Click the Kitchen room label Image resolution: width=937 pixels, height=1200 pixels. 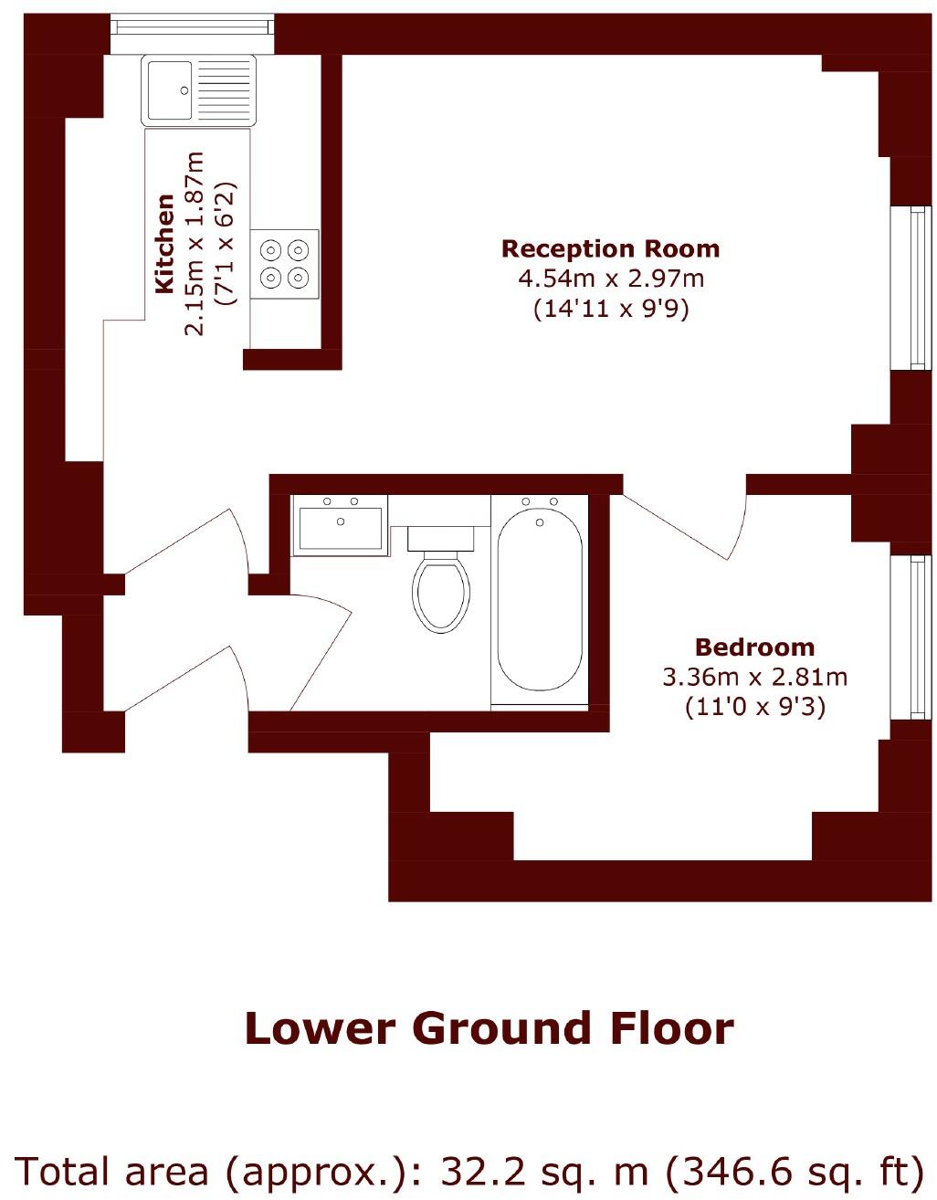[x=164, y=244]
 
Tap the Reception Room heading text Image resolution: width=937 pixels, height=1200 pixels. [x=610, y=249]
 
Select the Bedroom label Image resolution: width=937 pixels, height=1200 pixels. [x=754, y=647]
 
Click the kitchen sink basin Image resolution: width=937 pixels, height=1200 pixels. [x=167, y=89]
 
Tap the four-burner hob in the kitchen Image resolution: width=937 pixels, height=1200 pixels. [x=285, y=263]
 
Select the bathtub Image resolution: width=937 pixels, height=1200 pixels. [x=540, y=600]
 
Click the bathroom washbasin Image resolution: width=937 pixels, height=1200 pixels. [x=341, y=527]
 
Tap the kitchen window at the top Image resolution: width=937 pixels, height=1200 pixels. [x=193, y=27]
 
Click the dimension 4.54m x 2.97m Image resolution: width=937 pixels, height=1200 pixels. [x=611, y=279]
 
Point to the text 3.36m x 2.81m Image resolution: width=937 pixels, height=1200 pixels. [x=754, y=678]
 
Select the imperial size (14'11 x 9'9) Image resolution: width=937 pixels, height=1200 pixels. [x=611, y=309]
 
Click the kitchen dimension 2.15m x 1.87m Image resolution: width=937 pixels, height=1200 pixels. [x=195, y=244]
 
